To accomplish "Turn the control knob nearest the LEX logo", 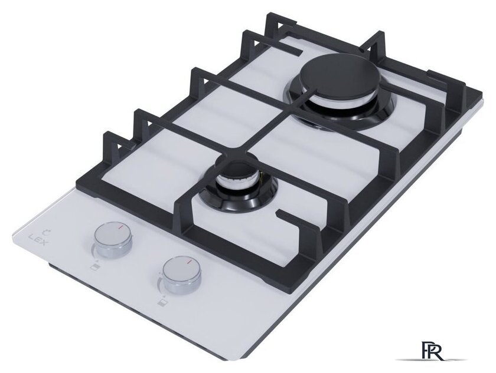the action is click(113, 240).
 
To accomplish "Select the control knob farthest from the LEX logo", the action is click(182, 276).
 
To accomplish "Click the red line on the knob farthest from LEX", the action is click(190, 262).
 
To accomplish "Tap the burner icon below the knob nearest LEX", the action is click(94, 267).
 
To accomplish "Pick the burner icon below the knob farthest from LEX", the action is click(161, 303).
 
